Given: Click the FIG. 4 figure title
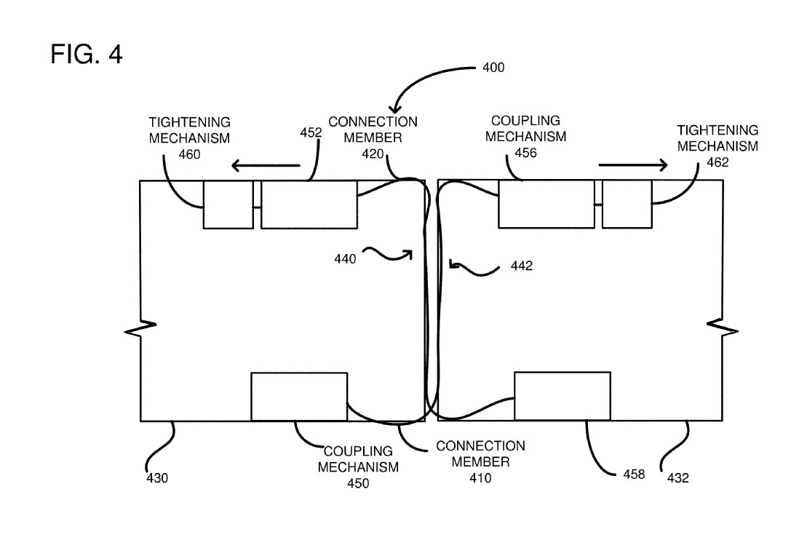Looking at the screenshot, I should click(x=87, y=55).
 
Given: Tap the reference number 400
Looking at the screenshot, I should click(x=493, y=68).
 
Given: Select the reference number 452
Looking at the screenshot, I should click(x=311, y=133).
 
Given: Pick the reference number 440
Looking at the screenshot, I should click(x=346, y=258).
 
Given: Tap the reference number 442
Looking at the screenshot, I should click(x=522, y=266).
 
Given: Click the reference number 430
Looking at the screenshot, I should click(x=157, y=478).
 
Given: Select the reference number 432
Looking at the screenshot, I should click(x=678, y=478).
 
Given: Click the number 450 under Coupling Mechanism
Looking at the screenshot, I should click(x=358, y=483).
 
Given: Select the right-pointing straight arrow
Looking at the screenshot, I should click(x=632, y=166).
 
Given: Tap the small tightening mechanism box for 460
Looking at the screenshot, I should click(x=228, y=204).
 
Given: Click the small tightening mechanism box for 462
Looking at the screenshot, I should click(x=627, y=204).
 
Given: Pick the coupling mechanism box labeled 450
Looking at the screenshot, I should click(x=298, y=396).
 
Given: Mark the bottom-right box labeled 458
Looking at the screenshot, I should click(x=562, y=396).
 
